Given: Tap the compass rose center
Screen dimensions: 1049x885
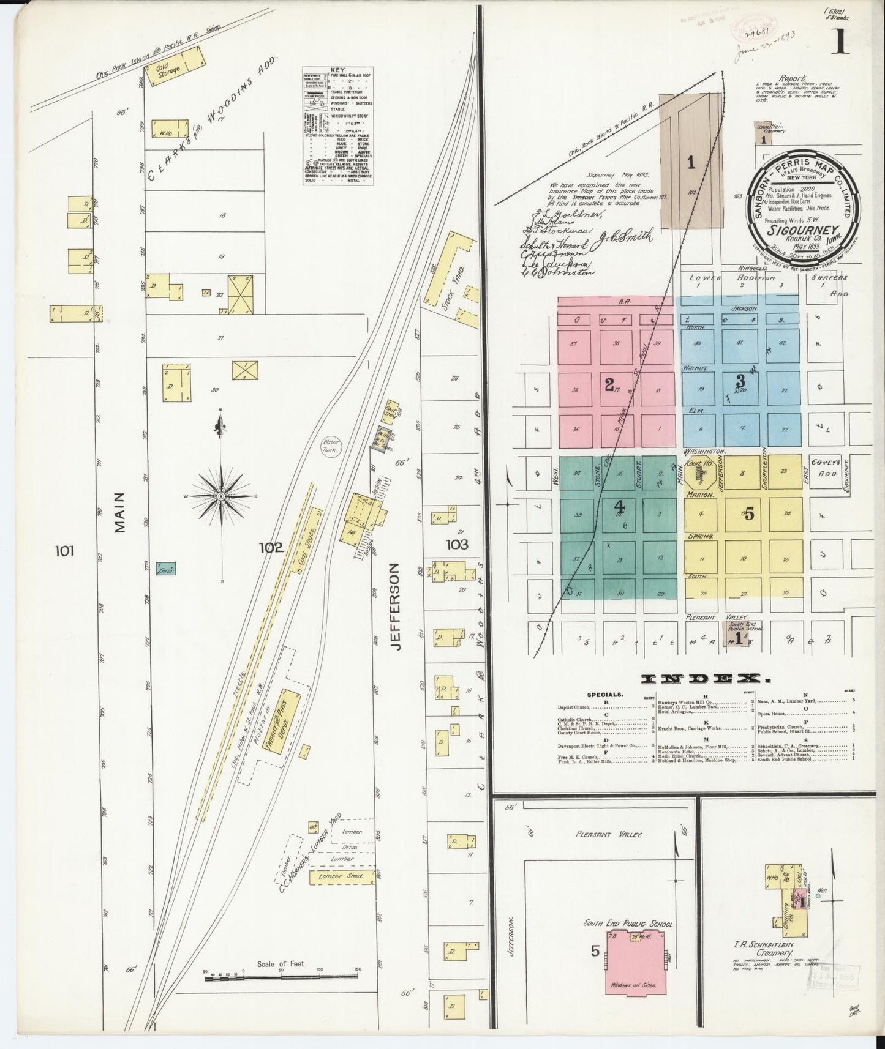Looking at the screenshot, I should pyautogui.click(x=220, y=496).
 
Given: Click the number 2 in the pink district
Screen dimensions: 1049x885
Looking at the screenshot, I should pyautogui.click(x=609, y=385).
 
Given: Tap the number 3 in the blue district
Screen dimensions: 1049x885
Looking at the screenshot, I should pyautogui.click(x=740, y=380).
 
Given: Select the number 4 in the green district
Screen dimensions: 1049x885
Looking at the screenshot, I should pyautogui.click(x=619, y=506).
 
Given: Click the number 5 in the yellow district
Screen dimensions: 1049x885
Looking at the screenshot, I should pyautogui.click(x=749, y=514).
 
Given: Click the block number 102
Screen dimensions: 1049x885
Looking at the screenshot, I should pyautogui.click(x=271, y=548).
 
